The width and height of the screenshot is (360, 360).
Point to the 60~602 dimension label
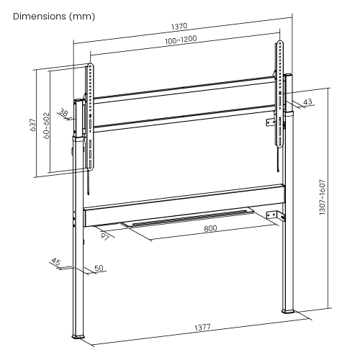click(46, 125)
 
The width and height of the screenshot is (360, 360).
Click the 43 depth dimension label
click(307, 103)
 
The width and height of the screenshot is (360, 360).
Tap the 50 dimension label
click(99, 268)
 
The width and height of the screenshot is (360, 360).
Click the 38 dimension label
click(64, 112)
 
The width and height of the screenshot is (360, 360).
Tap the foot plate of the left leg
click(78, 338)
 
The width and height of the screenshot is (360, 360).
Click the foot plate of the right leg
click(289, 310)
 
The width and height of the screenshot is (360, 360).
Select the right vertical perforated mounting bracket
click(279, 94)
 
